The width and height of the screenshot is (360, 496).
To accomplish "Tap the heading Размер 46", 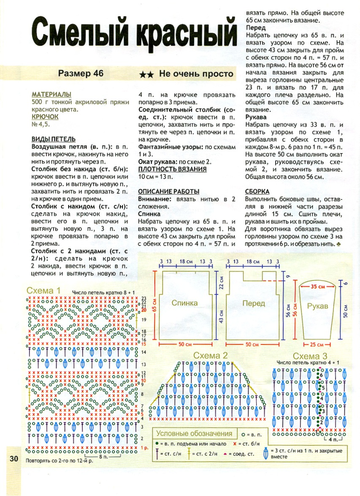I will pos(81,73).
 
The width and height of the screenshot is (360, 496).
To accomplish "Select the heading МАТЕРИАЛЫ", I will pos(51,94).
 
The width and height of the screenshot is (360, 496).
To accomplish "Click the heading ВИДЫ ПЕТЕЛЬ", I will pos(54,139).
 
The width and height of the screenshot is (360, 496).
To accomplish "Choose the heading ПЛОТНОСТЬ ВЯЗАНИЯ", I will pos(172,169).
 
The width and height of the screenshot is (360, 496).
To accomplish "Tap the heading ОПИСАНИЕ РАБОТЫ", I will pos(168,191).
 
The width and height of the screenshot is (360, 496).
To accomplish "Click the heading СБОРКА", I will pos(257,191).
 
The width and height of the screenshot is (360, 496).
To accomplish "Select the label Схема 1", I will pos(43,291).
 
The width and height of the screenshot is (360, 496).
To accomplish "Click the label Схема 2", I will pos(210,356).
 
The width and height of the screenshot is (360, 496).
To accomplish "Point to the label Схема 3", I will pos(310,356).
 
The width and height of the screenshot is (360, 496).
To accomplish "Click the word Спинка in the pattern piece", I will pos(184,303).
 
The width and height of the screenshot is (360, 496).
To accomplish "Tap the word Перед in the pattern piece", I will pos(254,303).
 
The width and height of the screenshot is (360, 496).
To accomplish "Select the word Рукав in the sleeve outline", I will pos(317,306).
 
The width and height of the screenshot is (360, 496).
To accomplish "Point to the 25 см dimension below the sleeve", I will pos(317,345).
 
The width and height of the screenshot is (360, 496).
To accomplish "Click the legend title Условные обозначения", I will pos(195,434).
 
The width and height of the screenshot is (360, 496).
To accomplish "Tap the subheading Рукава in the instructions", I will pos(256,118).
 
